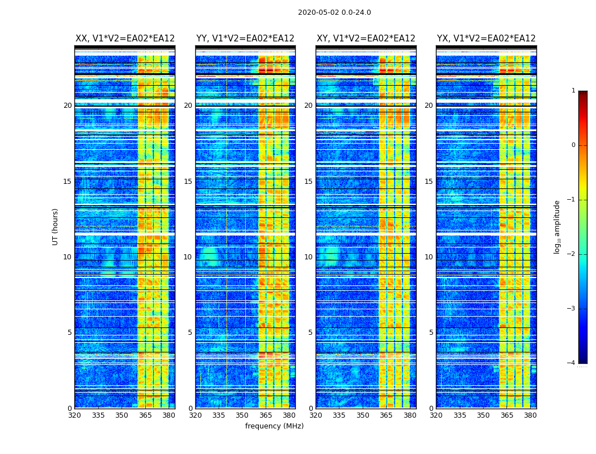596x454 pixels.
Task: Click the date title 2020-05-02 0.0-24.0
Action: point(334,12)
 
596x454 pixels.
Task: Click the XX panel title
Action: point(125,39)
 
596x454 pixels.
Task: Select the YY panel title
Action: point(245,39)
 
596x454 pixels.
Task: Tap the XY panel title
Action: point(366,39)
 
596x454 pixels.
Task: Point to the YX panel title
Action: point(486,39)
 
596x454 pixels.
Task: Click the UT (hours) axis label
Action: point(56,226)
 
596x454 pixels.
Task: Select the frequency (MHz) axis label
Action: point(274,426)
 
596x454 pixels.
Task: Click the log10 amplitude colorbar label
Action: point(557,226)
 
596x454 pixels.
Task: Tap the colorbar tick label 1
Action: point(573,91)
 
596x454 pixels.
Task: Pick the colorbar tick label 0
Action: point(573,145)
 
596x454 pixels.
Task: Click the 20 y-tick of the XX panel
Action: point(68,106)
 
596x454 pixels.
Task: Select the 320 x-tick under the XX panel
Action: point(74,415)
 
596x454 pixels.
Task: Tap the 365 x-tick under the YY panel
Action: point(266,415)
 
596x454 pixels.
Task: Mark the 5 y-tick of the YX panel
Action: point(431,333)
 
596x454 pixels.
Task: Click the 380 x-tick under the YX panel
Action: point(530,415)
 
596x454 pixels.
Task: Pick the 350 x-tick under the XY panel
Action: point(363,415)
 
